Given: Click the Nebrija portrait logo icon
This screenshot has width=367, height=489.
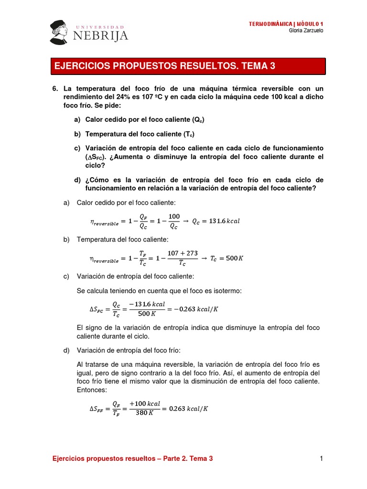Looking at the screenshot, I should (60, 32).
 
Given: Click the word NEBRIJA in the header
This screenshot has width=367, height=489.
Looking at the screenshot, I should (101, 36).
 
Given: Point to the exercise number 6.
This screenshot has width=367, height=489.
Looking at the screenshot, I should (54, 89).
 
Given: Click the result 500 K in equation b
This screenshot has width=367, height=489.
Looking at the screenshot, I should (234, 258).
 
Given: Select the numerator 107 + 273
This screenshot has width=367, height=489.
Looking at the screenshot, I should (183, 253).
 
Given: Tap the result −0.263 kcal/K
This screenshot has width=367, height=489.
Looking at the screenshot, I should (196, 309).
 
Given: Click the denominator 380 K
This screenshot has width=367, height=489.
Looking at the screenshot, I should (142, 414).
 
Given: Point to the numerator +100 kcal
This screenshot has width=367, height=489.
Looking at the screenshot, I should (142, 404).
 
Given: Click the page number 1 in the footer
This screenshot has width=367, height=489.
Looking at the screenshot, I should (322, 459).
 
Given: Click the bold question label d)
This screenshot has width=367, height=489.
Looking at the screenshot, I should (77, 180).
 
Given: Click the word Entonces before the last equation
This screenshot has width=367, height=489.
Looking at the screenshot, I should (91, 390).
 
